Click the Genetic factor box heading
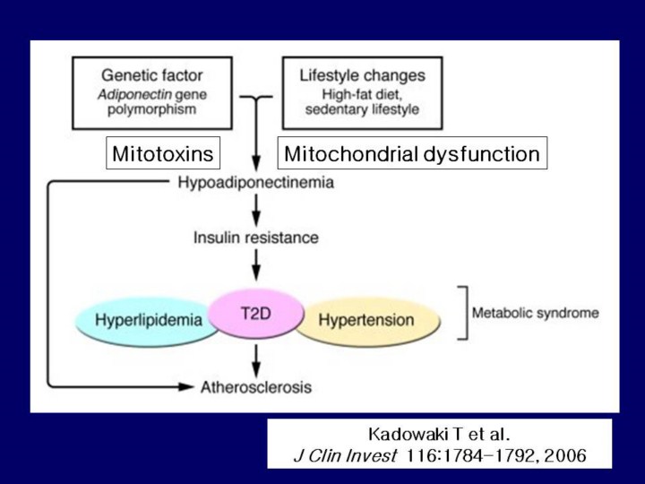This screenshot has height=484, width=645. (152, 75)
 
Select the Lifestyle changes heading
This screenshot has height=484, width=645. (363, 75)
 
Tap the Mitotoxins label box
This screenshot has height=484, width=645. (163, 154)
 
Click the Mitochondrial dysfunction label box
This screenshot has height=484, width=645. (412, 154)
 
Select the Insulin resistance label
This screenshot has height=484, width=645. (256, 238)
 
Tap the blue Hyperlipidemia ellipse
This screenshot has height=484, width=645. (143, 321)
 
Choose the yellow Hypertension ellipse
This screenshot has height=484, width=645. (366, 321)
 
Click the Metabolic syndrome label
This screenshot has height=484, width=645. (536, 313)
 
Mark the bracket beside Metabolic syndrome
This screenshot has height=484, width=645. (463, 313)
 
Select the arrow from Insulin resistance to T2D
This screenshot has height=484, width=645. (257, 264)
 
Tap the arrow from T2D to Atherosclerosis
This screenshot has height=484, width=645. (257, 360)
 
